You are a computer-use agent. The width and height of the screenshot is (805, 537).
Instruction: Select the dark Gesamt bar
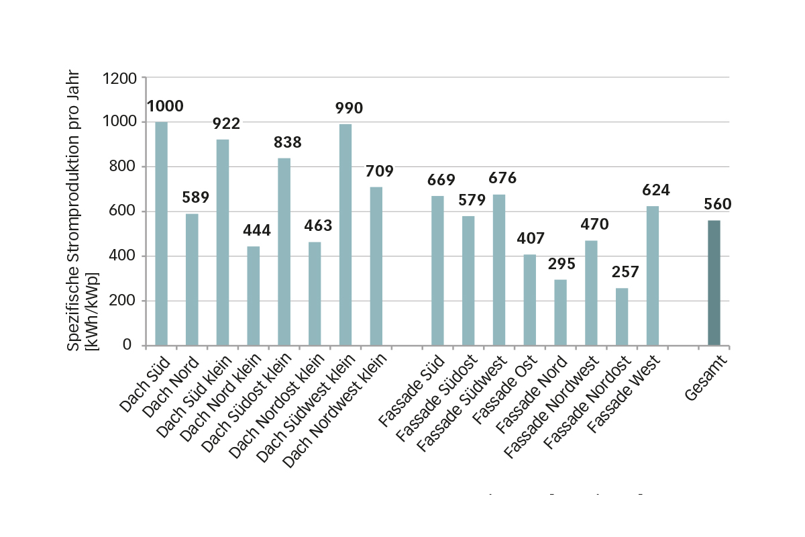714,283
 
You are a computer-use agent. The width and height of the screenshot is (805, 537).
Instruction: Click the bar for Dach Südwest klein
345,235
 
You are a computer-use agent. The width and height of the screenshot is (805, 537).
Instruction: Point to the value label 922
226,123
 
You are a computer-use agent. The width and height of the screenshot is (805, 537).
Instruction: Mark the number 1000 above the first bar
165,106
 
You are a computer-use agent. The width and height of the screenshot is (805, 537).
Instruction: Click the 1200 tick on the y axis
120,78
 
